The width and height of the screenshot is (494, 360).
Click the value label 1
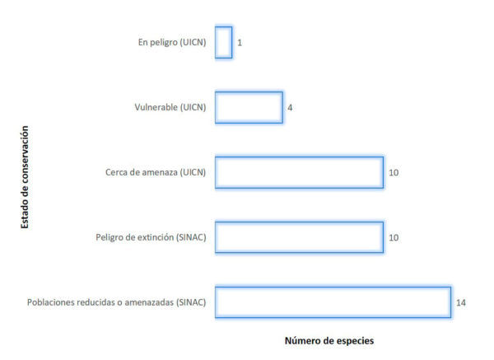pyautogui.click(x=240, y=43)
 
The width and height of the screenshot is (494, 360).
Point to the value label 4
pyautogui.click(x=290, y=108)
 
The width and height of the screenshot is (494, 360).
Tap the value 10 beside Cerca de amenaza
pyautogui.click(x=394, y=173)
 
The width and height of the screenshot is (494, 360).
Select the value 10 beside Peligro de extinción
pyautogui.click(x=394, y=238)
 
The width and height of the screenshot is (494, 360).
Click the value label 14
pyautogui.click(x=461, y=302)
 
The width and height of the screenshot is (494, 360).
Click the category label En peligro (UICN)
pyautogui.click(x=172, y=43)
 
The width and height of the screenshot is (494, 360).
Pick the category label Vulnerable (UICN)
pyautogui.click(x=170, y=107)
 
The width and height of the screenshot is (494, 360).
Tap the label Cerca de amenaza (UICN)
pyautogui.click(x=156, y=172)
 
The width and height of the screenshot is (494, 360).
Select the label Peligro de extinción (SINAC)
pyautogui.click(x=151, y=237)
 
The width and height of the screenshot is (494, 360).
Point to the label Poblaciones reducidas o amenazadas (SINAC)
pyautogui.click(x=117, y=302)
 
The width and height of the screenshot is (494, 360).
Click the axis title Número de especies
pyautogui.click(x=329, y=341)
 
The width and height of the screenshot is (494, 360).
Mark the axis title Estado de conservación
pyautogui.click(x=25, y=177)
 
